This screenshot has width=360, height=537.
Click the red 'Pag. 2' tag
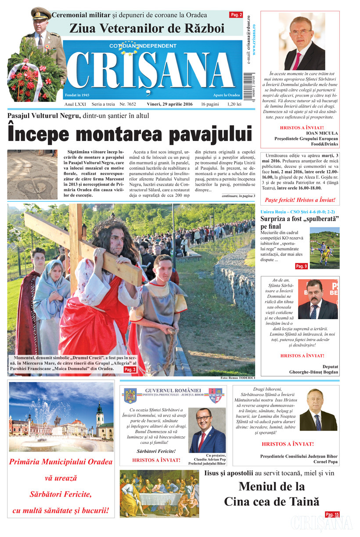point(236,15)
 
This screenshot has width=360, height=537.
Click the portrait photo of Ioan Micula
point(302,41)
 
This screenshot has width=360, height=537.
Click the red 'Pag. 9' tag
point(301,266)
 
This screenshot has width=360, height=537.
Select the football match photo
point(324,248)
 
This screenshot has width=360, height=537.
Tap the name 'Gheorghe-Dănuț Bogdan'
point(313,372)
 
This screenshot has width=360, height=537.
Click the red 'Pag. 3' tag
point(130,370)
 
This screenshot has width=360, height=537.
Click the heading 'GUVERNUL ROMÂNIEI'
point(173,390)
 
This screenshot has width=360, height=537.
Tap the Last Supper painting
point(159,494)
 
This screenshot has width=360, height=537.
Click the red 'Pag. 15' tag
point(332,514)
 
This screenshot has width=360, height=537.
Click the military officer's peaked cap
point(40,13)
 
